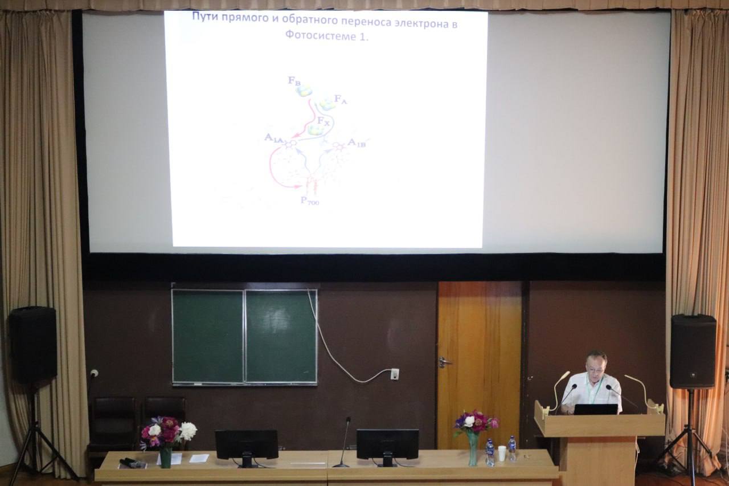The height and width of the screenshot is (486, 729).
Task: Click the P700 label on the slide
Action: point(309,200)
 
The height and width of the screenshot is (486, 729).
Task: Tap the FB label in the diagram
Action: point(294,80)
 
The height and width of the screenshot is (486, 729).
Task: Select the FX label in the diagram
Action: point(323,121)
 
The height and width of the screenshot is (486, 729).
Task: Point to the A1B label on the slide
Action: point(357,142)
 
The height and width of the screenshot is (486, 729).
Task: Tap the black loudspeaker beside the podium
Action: point(693,351)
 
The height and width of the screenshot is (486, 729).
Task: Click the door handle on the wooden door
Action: point(444,361)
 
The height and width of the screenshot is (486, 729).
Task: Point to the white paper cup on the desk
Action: point(502,453)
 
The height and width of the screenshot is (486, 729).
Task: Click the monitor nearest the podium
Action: point(387,447)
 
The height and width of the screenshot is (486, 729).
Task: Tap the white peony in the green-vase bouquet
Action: point(188,431)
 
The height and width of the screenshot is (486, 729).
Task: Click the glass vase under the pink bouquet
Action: point(473,448)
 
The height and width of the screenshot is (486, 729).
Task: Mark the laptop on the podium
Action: point(596,409)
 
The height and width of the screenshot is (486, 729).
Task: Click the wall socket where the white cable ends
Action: point(395,373)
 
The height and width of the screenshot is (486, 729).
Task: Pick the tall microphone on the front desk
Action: point(343,442)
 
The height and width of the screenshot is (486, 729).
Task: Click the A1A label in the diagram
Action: point(274,138)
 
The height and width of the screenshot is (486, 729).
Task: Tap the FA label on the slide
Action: point(341,99)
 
